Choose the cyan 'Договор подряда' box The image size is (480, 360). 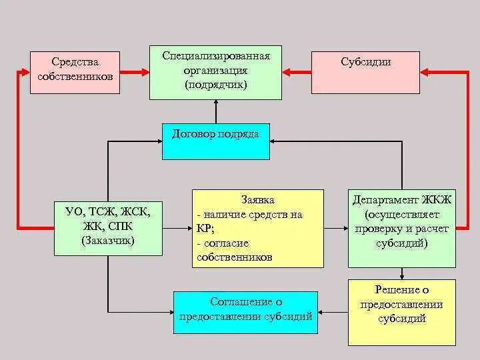(216, 141)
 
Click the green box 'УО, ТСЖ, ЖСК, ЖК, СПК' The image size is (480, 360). (108, 227)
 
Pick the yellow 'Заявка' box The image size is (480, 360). (257, 228)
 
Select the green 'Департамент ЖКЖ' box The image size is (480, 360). (402, 227)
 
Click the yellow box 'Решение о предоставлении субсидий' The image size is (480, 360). (401, 312)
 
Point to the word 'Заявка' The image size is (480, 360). (258, 199)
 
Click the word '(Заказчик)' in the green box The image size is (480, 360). (108, 240)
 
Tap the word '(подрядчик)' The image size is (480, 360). (216, 85)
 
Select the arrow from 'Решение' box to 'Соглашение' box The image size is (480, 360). (333, 312)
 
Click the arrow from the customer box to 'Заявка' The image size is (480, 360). (177, 228)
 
